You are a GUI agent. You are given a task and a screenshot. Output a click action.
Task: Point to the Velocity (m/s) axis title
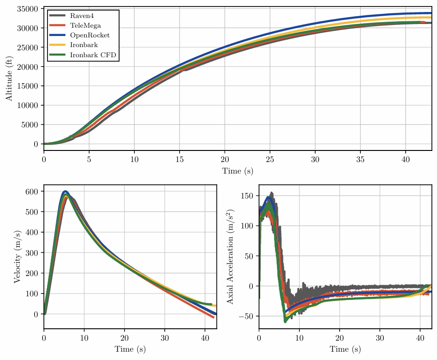[x=17, y=257]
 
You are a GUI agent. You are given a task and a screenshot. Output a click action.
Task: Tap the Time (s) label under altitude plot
[x=238, y=171]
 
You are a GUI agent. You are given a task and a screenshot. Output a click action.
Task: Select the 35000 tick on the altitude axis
[x=28, y=9]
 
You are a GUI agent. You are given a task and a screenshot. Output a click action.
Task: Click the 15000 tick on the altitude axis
[x=28, y=86]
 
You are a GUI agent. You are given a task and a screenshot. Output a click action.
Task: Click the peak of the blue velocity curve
[x=66, y=191]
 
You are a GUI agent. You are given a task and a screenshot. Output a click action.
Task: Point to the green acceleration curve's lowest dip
[x=285, y=321]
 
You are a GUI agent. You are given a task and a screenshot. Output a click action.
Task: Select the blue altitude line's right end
[x=431, y=13]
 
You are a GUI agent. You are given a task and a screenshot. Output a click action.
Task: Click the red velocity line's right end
[x=213, y=318]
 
